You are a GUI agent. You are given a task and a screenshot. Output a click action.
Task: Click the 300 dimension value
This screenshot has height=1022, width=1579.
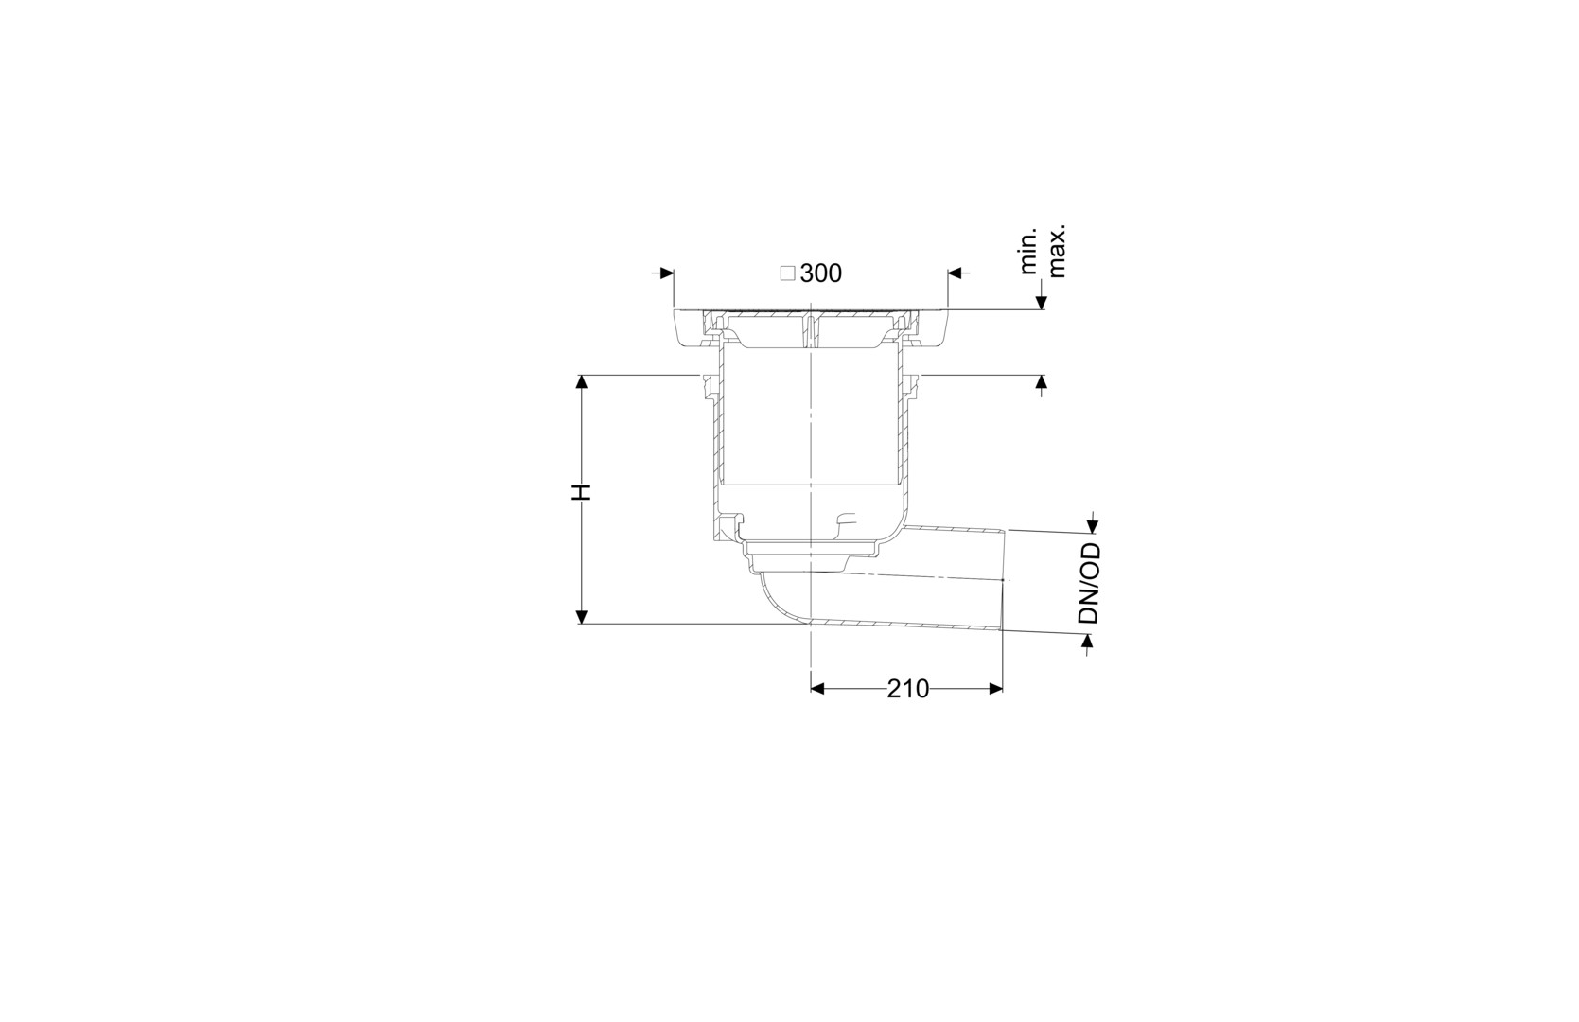click(x=820, y=273)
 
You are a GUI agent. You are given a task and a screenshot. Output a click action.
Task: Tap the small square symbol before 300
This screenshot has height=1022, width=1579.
click(x=787, y=273)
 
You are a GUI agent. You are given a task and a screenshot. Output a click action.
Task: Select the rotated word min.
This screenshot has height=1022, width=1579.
click(x=1029, y=251)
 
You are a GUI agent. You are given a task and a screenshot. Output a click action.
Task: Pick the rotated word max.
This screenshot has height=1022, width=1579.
click(x=1057, y=251)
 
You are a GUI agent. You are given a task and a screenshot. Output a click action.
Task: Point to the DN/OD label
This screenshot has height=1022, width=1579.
click(x=1089, y=583)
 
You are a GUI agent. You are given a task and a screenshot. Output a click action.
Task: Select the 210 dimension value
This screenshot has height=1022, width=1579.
click(x=908, y=688)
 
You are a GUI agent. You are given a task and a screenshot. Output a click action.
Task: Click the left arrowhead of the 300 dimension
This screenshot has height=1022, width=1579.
click(x=668, y=273)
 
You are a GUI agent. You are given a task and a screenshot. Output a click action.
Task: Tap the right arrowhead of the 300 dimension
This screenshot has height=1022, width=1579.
click(x=955, y=273)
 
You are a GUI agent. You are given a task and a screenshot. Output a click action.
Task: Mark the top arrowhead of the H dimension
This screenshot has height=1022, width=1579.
click(x=582, y=381)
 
